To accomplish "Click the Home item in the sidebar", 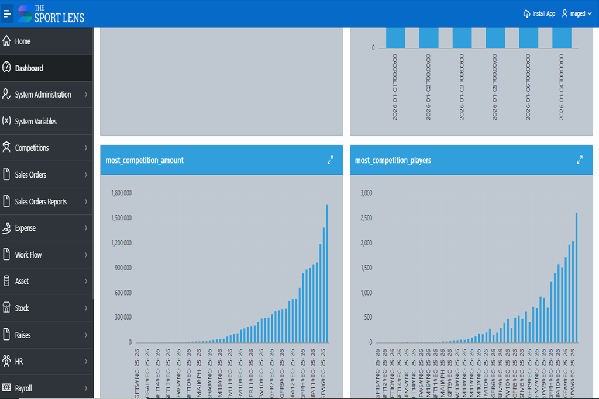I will pos(23,41).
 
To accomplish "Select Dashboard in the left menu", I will pos(29,68).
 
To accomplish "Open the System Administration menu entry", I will pos(43,95).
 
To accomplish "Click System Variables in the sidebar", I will pos(36,122).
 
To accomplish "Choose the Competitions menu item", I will pos(32,148).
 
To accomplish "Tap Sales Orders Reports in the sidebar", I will pos(40,202).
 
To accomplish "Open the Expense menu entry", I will pos(25,228).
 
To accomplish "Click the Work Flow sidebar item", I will pos(28,255).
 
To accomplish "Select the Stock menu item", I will pos(22,308).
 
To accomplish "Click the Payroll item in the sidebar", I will pos(23,388).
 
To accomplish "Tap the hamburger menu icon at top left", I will pos(7,13).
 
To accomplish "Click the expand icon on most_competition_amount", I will pos(330,159).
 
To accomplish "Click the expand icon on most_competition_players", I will pos(580,159).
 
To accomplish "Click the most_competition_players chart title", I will pos(393,160).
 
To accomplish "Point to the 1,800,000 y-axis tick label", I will pos(121,193).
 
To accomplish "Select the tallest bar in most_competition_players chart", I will pos(577,277).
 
